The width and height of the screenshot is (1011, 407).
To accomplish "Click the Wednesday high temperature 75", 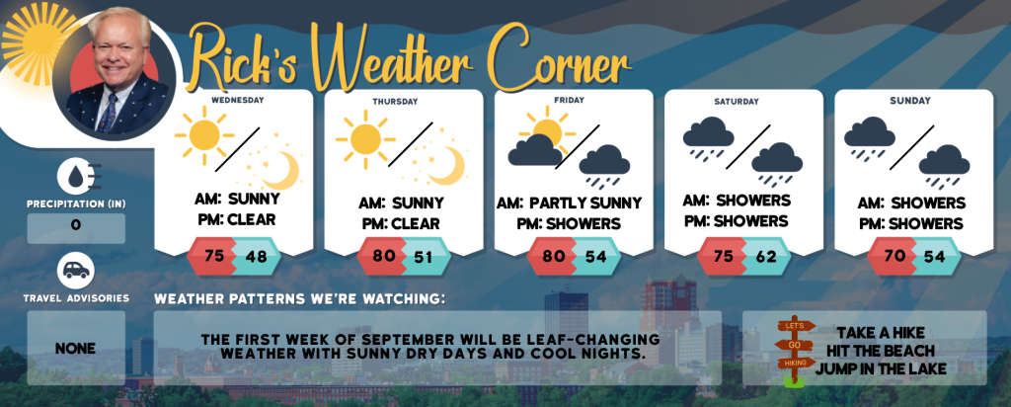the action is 213,256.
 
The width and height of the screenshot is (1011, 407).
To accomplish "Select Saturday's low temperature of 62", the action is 766,256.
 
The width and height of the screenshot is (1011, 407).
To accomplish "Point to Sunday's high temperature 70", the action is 894,256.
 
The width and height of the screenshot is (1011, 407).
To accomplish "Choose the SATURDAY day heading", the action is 737,102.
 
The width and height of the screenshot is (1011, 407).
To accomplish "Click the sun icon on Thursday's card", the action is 365,139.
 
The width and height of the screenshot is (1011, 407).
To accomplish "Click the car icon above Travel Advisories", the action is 76,271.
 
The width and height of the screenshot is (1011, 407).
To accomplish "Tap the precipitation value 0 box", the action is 76,228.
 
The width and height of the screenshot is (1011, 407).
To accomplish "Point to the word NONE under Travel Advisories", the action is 75,349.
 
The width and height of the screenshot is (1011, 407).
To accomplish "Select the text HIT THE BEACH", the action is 881,351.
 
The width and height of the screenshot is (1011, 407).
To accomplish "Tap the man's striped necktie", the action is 108,113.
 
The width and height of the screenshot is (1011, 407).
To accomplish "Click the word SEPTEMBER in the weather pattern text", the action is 423,339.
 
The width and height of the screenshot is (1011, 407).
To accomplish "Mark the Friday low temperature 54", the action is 596,256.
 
